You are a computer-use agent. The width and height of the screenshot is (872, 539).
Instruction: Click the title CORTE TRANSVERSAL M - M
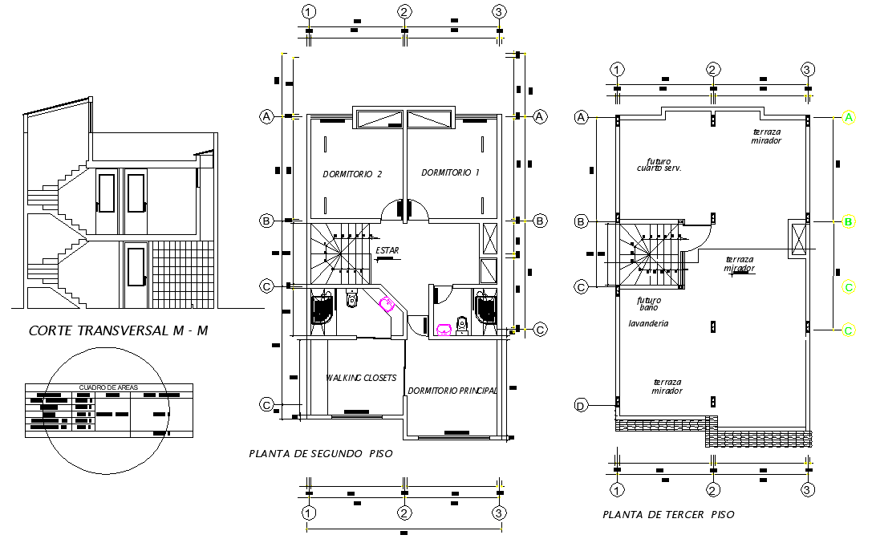[x=118, y=330]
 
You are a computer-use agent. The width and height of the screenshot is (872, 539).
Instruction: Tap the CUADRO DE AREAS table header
[x=108, y=387]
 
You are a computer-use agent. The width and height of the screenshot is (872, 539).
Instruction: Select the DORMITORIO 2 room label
[x=351, y=173]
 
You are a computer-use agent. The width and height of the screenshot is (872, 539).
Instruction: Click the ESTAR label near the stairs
[x=387, y=251]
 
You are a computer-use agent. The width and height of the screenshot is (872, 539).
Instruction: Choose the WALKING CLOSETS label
[x=361, y=378]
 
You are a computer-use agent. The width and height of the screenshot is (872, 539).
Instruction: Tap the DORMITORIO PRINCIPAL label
[x=452, y=391]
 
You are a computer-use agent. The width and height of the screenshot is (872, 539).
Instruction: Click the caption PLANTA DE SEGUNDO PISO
[x=321, y=454]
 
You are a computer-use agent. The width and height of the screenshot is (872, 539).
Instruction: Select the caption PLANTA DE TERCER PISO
[x=668, y=514]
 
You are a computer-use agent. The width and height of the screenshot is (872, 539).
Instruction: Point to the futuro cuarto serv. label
[x=659, y=164]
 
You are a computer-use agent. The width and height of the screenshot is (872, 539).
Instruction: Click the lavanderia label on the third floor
[x=648, y=323]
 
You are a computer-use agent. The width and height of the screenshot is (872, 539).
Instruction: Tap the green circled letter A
[x=848, y=118]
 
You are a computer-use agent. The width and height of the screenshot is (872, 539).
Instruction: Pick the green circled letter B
[x=848, y=222]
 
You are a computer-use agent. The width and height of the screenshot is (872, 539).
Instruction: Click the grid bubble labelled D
[x=581, y=406]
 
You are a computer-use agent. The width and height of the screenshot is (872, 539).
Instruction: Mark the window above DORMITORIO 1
[x=430, y=119]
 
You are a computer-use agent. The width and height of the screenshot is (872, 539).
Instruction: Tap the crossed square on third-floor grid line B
[x=798, y=238]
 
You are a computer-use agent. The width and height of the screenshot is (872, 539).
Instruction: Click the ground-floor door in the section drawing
[x=136, y=274]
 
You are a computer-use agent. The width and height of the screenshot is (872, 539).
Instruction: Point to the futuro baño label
[x=648, y=304]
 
